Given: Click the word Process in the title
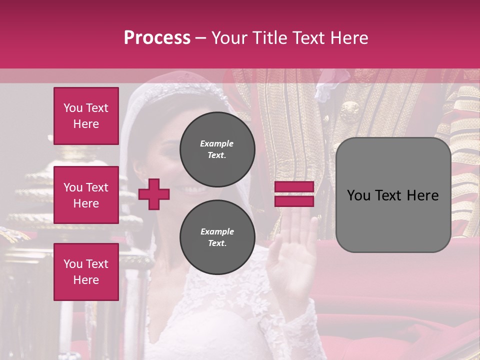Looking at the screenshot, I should pos(157,38).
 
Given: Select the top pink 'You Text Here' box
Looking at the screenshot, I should pos(86,116).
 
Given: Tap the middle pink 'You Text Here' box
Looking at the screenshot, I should pos(86,195).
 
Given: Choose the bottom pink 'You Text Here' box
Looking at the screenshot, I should pos(86,271).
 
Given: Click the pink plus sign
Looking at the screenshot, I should pos(154,194).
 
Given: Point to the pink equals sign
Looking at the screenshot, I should pos(294,194).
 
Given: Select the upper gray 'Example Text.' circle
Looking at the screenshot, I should pos(217,149).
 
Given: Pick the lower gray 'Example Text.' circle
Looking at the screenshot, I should pos(217,237).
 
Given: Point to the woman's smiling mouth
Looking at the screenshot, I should pos(192,189).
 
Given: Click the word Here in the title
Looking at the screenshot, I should pos(350,38).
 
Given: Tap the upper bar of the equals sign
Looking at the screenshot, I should pos(294,187).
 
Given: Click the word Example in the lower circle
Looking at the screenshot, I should pos(217,231).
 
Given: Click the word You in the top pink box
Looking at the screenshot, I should pos(73,108).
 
